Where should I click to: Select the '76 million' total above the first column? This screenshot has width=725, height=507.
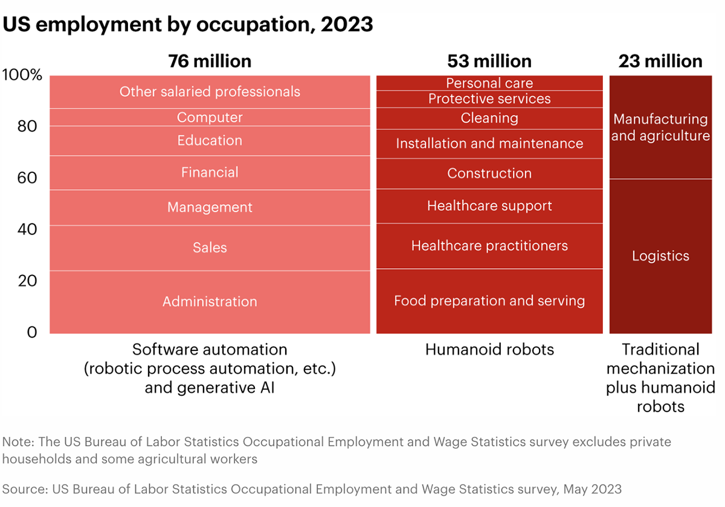[210, 61]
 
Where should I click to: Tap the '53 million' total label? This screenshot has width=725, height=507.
[489, 61]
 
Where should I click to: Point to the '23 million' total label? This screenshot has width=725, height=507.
[660, 61]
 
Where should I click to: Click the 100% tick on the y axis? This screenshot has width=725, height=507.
[22, 76]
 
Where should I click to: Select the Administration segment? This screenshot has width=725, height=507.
[210, 302]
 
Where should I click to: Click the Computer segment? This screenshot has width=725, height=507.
[210, 117]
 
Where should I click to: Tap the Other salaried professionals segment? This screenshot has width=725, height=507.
[210, 92]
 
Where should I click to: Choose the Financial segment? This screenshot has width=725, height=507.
[210, 173]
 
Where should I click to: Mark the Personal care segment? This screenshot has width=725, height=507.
[489, 83]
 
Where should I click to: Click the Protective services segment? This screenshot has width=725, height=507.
[489, 98]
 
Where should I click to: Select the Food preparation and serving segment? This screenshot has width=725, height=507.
[489, 300]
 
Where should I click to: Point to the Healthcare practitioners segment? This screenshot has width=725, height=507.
[489, 246]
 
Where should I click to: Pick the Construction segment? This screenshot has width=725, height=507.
[489, 173]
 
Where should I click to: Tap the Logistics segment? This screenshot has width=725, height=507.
[660, 256]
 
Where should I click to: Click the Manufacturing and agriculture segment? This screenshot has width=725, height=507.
[660, 128]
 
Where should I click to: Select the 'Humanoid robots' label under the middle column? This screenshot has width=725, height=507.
[489, 349]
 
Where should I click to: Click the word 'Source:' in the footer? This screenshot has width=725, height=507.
[25, 488]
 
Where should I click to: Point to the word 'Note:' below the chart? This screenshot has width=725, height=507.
[19, 442]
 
